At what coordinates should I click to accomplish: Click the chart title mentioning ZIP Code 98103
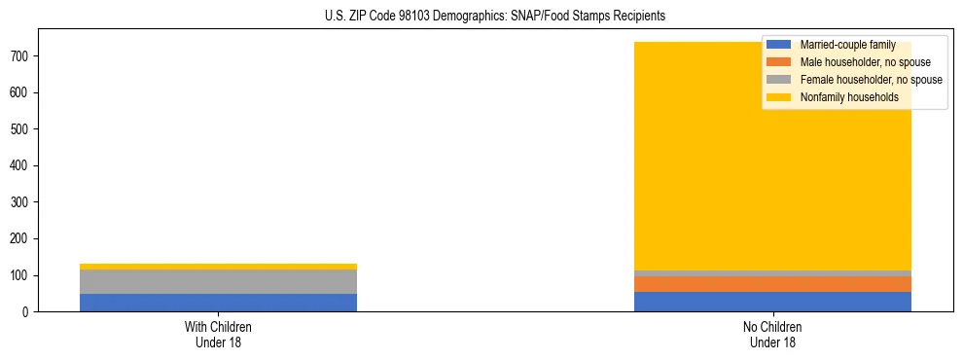click(495, 17)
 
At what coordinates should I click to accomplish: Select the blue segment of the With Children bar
click(218, 303)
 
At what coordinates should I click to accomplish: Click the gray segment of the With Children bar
click(218, 281)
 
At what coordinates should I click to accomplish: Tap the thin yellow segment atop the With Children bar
click(218, 267)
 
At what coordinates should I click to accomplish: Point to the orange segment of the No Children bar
click(772, 284)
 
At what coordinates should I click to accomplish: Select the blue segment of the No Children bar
click(772, 302)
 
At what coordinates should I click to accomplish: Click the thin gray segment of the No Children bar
click(772, 273)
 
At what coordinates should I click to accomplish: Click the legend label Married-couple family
click(847, 45)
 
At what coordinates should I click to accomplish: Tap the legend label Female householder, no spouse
click(871, 80)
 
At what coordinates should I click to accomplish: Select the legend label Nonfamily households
click(848, 97)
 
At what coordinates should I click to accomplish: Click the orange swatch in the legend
click(778, 62)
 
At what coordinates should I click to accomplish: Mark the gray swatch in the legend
click(778, 80)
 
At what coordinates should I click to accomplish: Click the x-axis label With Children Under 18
click(218, 335)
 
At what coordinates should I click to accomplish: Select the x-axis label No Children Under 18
click(772, 335)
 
